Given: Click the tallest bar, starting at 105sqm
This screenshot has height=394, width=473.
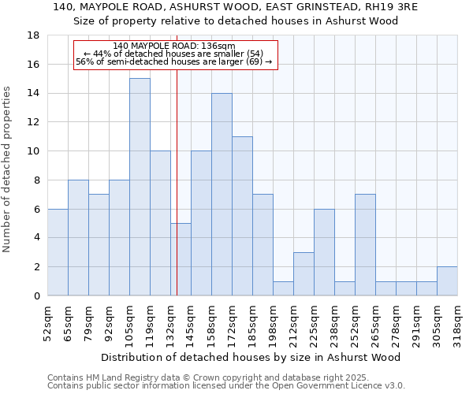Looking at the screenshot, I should click(140, 187).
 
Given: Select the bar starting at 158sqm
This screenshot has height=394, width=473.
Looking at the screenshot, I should click(222, 195).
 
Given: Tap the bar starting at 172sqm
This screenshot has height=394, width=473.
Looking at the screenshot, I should click(242, 216).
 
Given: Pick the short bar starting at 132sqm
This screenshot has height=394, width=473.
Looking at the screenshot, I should click(181, 259).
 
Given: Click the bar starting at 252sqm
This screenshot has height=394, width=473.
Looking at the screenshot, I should click(365, 245).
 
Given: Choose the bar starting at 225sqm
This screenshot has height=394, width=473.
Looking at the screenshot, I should click(324, 252).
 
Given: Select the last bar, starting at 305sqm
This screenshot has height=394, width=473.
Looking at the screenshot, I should click(447, 281).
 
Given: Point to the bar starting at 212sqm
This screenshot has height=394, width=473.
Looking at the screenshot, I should click(304, 274).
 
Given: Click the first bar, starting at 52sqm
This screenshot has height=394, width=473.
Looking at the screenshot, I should click(58, 252).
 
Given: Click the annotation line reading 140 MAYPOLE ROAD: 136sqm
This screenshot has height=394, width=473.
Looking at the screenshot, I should click(174, 46).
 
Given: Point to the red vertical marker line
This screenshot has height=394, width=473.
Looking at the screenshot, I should click(177, 197).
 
